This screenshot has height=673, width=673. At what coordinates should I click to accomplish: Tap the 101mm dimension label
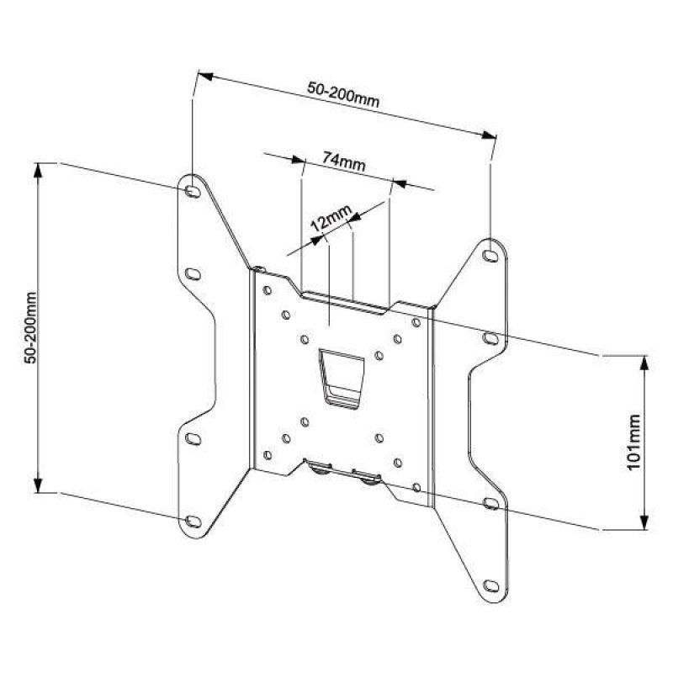click(x=633, y=442)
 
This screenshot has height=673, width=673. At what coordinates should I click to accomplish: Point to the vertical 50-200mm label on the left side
click(x=31, y=327)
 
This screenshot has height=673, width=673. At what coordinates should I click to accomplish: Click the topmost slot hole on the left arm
click(x=193, y=192)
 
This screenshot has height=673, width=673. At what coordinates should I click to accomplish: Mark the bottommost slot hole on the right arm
click(x=490, y=584)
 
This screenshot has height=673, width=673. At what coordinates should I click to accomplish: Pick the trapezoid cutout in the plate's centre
click(x=341, y=379)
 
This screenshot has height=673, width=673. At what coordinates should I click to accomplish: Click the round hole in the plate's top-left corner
click(x=267, y=291)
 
